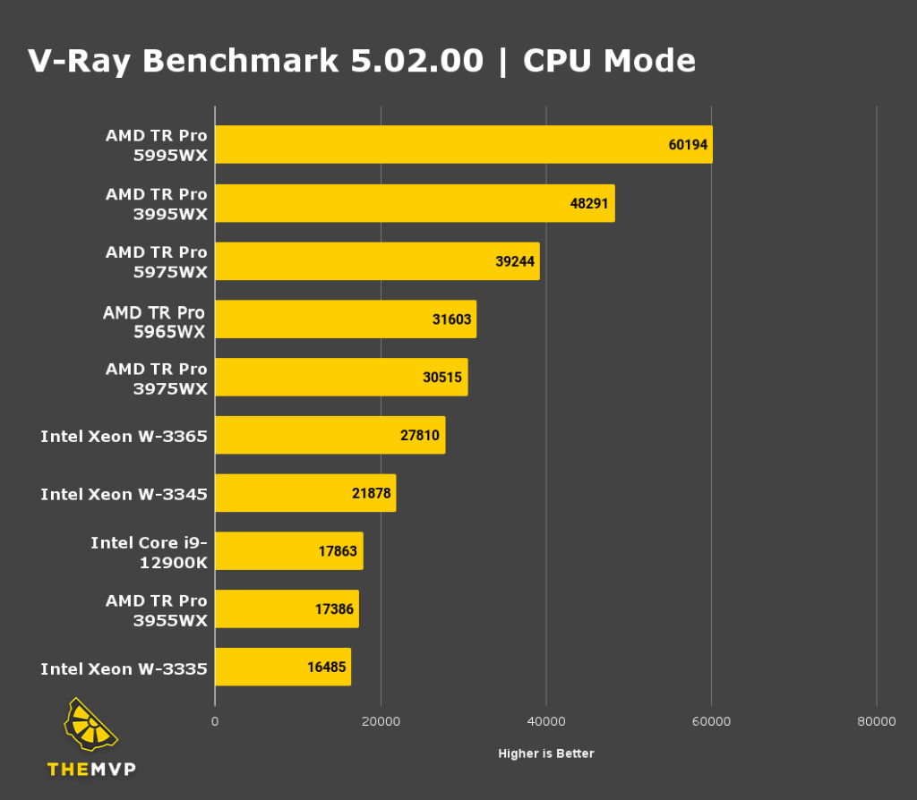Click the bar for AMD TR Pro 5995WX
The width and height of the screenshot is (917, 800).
tap(463, 144)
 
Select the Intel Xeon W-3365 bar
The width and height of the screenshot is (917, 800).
tap(330, 435)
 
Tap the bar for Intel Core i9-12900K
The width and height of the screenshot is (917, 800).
tap(288, 551)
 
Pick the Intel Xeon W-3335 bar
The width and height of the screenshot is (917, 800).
tap(282, 668)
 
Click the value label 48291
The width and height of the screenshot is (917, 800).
tap(589, 203)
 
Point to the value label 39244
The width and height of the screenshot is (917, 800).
tap(514, 261)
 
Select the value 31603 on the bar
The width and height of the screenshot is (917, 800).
tap(451, 319)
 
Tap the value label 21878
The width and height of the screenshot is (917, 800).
tap(371, 493)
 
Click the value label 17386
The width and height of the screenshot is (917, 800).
tap(334, 609)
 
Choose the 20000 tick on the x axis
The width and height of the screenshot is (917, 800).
tap(381, 721)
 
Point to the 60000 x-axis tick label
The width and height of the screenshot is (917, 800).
tap(711, 721)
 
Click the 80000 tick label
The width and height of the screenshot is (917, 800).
tap(876, 721)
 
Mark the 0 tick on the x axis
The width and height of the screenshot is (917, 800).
tap(215, 721)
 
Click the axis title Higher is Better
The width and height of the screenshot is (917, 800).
tap(545, 753)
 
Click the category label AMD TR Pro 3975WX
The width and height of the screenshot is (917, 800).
tap(156, 379)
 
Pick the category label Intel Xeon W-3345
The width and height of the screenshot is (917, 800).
tap(124, 494)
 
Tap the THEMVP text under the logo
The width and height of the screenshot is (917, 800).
tap(91, 769)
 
